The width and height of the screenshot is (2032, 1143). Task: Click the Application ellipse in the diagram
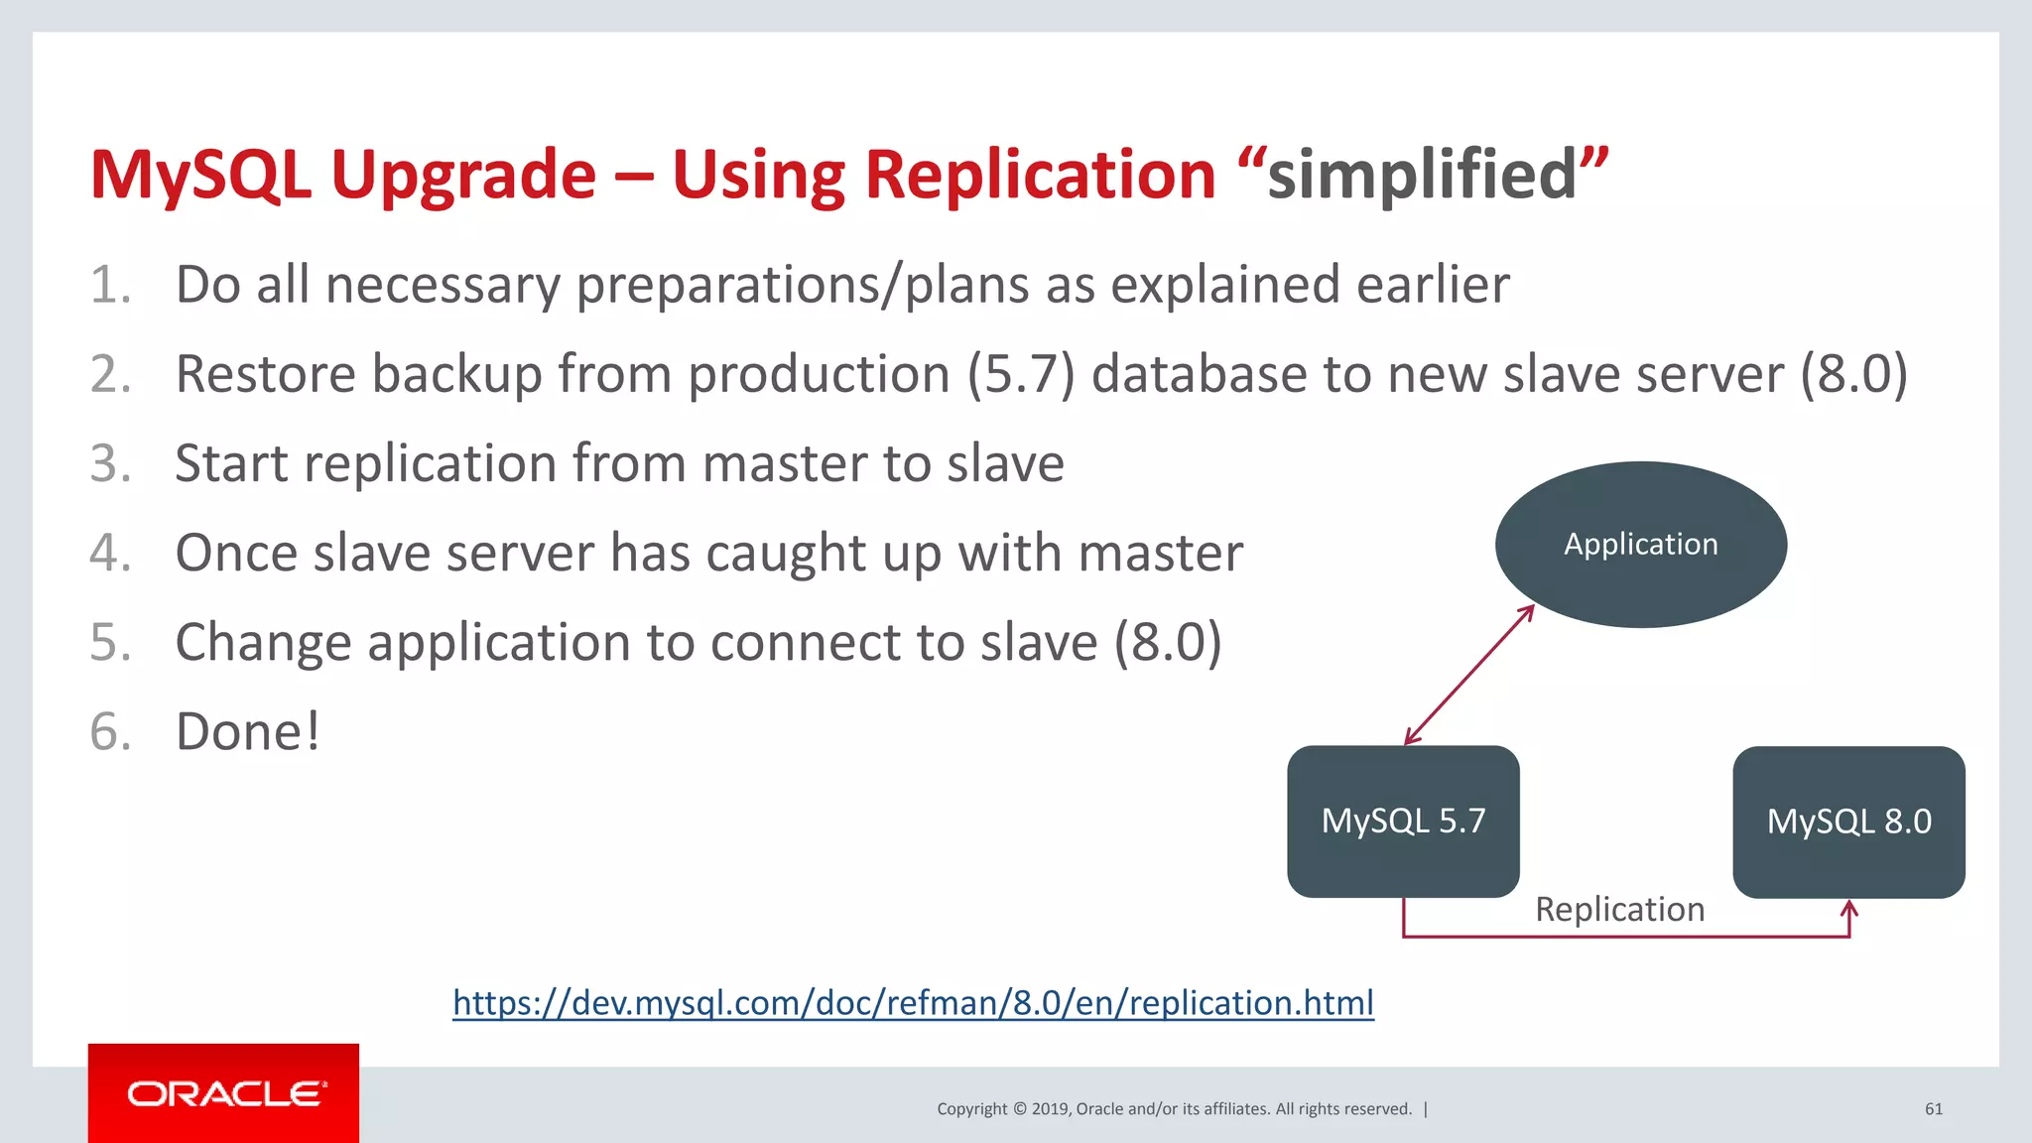coord(1640,544)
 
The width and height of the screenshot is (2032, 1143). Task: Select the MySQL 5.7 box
coord(1403,822)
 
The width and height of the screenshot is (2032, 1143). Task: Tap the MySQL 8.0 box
coord(1848,822)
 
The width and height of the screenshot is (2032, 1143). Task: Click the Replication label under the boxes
coord(1619,909)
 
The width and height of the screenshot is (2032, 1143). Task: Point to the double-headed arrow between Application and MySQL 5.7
coord(1469,675)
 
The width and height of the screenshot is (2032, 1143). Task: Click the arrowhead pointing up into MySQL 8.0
coord(1849,909)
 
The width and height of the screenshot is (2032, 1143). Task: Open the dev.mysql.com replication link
coord(913,1002)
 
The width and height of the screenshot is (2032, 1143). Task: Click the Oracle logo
coord(224,1093)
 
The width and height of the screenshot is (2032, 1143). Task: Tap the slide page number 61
coord(1933,1108)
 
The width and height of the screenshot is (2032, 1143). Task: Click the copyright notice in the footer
coord(1175,1108)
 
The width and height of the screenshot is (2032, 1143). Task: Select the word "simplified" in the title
coord(1422,175)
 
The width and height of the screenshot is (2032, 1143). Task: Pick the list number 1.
coord(109,285)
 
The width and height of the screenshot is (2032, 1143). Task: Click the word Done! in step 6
coord(248,732)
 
